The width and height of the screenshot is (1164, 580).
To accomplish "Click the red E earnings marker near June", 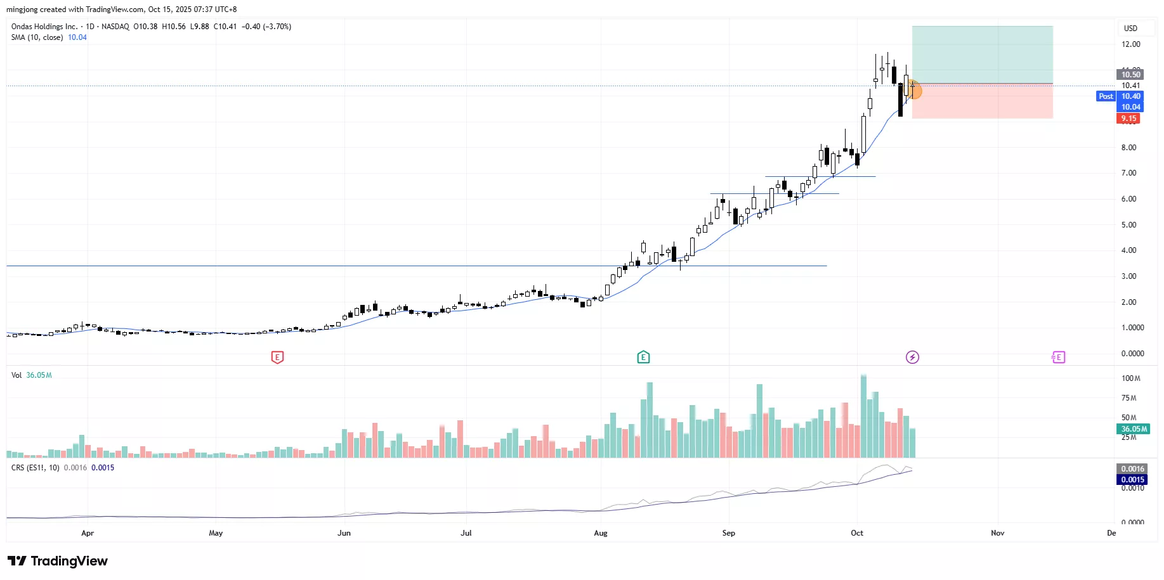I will click(277, 358).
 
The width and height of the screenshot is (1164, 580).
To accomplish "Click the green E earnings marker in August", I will click(643, 358).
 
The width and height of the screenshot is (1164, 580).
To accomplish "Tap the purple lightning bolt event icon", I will click(912, 358).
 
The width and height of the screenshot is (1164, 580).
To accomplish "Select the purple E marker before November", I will click(1058, 358).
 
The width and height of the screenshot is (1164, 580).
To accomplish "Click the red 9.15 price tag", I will click(1128, 119).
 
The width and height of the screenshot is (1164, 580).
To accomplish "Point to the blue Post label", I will click(1106, 96).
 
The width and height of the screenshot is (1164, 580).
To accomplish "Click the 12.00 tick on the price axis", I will click(1130, 44).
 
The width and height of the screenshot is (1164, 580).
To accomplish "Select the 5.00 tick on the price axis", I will click(1128, 225).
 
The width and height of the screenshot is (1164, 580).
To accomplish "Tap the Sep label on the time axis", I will click(729, 533).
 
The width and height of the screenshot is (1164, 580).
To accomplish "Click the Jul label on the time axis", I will click(466, 533).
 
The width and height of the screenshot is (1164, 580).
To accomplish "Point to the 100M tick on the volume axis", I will click(1130, 378).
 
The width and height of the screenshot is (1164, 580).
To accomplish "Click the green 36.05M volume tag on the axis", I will click(1134, 429).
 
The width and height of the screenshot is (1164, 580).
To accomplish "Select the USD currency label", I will click(1130, 29).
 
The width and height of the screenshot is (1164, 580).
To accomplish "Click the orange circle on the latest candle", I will click(915, 91).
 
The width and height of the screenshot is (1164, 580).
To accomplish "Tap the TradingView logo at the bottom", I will click(58, 561).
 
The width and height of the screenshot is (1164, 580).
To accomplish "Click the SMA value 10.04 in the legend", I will click(77, 37).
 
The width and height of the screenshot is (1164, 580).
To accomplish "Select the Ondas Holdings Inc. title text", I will click(44, 27).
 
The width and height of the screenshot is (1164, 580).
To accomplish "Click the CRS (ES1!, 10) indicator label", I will click(36, 468).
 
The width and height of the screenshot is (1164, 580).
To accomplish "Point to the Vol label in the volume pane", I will click(16, 375).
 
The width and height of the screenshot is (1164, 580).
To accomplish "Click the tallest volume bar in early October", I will click(863, 416).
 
